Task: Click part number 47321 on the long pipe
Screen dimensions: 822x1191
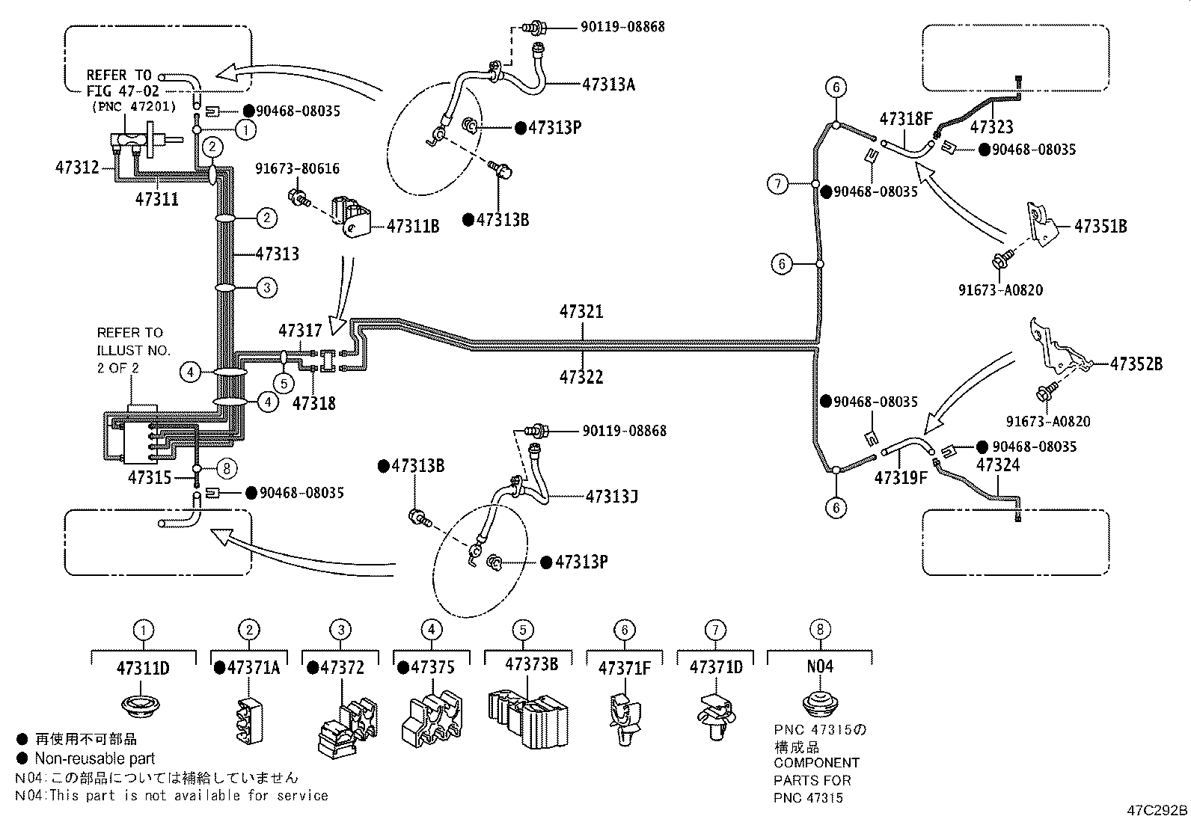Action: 581,311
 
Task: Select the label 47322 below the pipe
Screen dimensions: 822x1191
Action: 581,377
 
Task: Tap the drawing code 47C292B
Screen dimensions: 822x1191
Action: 1157,810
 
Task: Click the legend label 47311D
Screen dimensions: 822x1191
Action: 143,668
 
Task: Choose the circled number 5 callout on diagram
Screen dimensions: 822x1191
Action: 284,384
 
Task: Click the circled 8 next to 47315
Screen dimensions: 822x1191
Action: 228,469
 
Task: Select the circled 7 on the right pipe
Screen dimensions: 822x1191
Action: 779,183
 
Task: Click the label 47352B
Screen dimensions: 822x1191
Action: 1136,364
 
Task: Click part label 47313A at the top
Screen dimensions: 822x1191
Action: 608,85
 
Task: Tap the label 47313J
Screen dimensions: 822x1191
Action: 611,496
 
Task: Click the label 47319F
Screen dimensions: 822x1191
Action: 900,477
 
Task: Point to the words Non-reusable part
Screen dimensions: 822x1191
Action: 95,758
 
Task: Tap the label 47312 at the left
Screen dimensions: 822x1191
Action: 76,168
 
